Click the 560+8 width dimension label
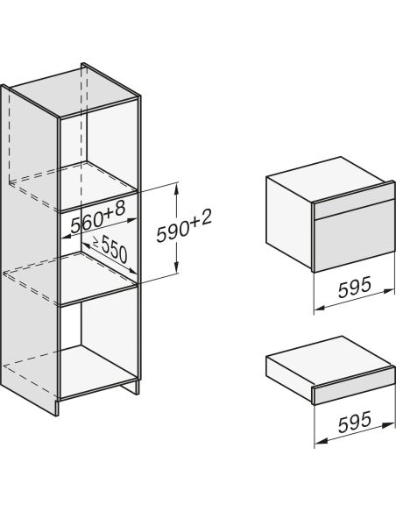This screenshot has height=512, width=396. (x=98, y=217)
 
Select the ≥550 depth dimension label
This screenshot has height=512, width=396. (x=110, y=249)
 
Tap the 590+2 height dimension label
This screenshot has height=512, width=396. (x=184, y=226)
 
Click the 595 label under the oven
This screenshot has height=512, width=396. (x=355, y=287)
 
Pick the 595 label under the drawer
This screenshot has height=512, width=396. (x=355, y=421)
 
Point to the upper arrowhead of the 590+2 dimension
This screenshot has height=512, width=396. (x=176, y=189)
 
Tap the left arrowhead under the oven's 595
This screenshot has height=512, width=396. (x=321, y=307)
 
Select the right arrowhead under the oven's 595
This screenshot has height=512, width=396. (x=388, y=291)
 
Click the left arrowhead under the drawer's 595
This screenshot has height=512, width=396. (x=321, y=441)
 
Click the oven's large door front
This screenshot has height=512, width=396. (x=354, y=236)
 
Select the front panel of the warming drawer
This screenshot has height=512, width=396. (x=354, y=386)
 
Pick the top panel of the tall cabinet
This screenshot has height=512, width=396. (x=75, y=91)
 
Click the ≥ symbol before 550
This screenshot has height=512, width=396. (x=95, y=242)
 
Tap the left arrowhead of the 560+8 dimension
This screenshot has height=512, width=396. (x=67, y=236)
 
